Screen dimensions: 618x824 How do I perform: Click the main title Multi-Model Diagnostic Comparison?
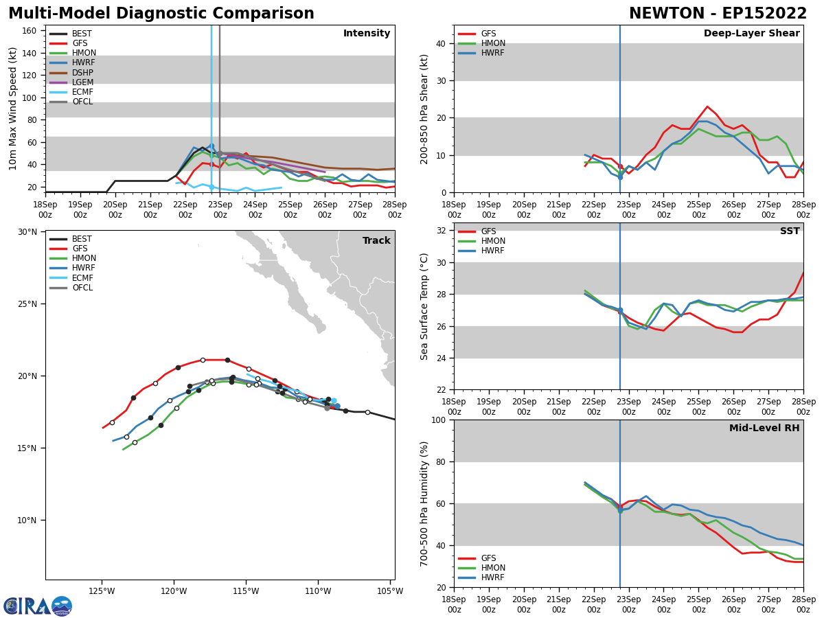click(161, 14)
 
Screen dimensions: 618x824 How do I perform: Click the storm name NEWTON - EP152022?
click(718, 14)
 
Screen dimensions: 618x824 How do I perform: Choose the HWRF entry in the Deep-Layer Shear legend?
click(492, 53)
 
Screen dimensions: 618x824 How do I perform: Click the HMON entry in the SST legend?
click(492, 241)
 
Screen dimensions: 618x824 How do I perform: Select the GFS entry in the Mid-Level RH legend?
click(488, 558)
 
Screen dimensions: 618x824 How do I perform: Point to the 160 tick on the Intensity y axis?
click(30, 30)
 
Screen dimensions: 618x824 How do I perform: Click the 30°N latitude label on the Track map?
click(27, 232)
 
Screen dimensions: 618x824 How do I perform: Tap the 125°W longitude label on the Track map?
click(101, 591)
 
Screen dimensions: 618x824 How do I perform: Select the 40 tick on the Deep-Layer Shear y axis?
click(439, 43)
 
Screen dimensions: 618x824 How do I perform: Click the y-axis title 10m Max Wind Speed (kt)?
click(13, 108)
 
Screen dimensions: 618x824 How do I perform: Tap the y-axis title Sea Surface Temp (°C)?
click(424, 306)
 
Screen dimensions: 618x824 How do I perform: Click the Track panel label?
click(376, 241)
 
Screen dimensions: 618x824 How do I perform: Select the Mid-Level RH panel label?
click(764, 428)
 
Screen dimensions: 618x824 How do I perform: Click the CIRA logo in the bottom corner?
click(38, 606)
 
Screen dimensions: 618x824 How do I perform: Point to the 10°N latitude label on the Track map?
click(27, 520)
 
